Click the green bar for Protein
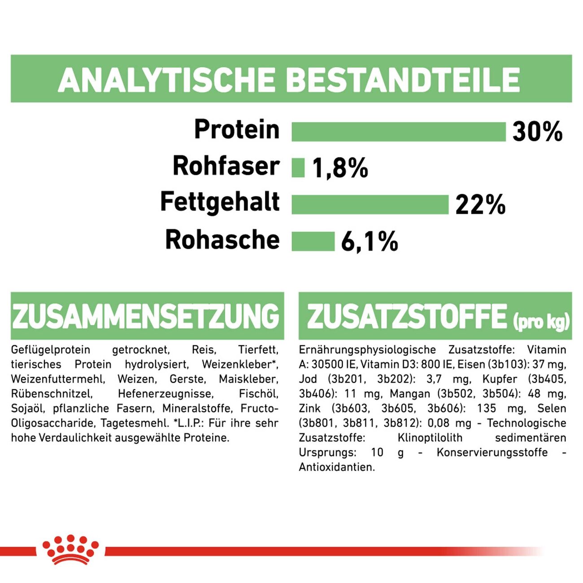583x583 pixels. tap(398, 131)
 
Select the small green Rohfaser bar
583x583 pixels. tap(298, 168)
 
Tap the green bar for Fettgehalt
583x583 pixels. tap(370, 204)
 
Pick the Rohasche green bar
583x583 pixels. tap(313, 241)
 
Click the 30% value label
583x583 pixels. tap(537, 132)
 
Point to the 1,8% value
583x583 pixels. tap(339, 168)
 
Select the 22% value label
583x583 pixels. tap(480, 205)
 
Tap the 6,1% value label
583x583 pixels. tap(370, 242)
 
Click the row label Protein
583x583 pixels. tap(237, 130)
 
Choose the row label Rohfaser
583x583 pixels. tap(226, 166)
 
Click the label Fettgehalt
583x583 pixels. tap(220, 202)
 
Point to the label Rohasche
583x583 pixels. tap(222, 239)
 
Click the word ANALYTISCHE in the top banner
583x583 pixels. tap(166, 80)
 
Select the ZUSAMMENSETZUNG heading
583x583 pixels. tap(146, 316)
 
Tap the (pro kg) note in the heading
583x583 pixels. tap(541, 321)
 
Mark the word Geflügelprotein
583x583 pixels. tap(51, 350)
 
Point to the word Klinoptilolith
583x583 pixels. tap(430, 438)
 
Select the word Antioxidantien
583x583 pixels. tap(337, 467)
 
